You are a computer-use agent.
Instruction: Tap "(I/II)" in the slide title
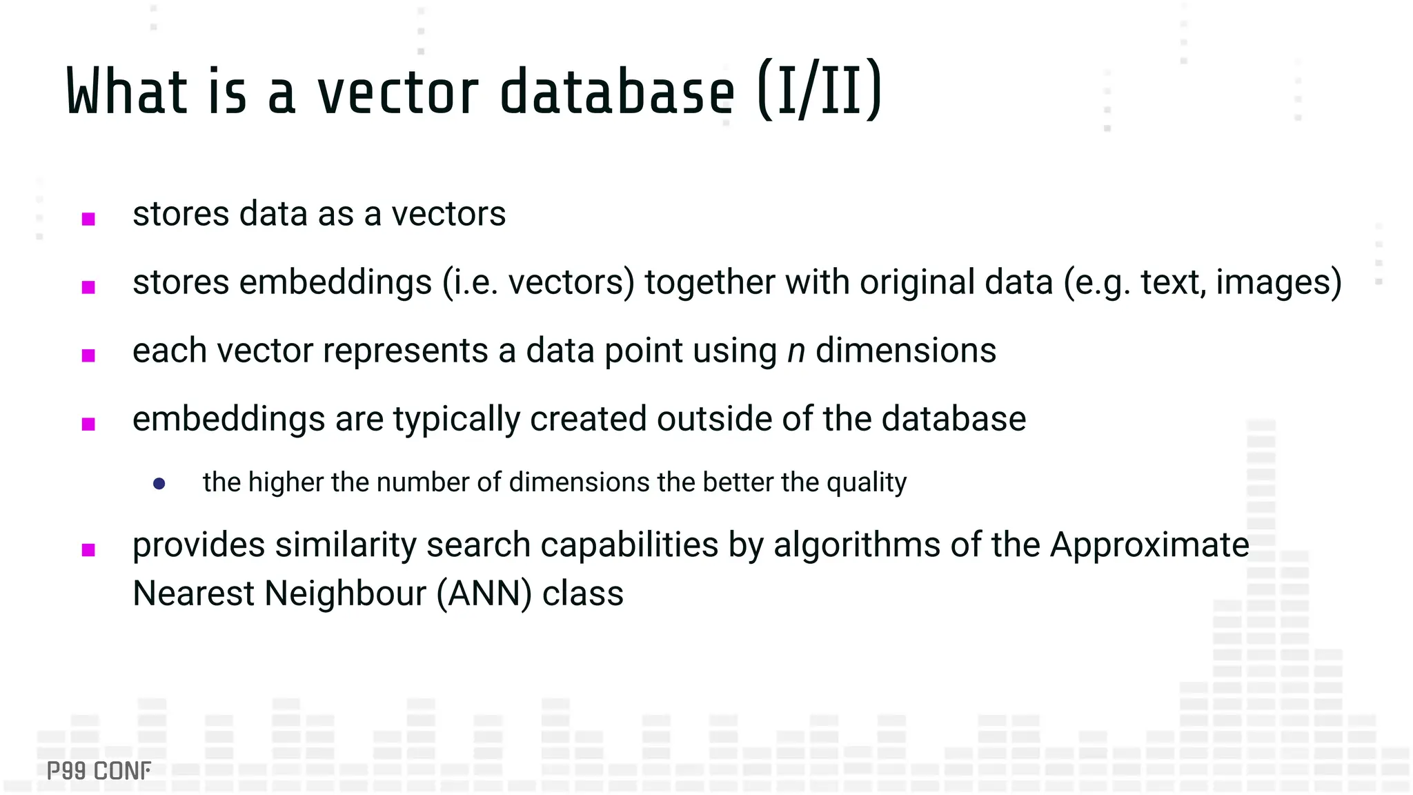[819, 91]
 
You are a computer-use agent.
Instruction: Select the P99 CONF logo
[99, 771]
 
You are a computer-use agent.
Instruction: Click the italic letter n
[796, 351]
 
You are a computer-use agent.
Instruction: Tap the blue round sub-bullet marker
[159, 484]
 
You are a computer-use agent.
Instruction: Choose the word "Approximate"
[1149, 544]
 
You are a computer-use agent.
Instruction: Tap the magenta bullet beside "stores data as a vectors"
[88, 219]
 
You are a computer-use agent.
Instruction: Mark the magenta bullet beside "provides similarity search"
[88, 550]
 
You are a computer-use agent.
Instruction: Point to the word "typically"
[456, 420]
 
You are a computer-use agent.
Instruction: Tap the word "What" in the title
[127, 93]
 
